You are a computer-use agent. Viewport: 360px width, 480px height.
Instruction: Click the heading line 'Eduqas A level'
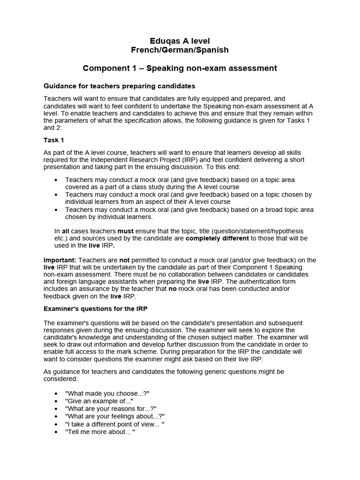tap(180, 41)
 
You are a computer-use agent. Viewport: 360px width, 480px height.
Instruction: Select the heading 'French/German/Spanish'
tap(180, 50)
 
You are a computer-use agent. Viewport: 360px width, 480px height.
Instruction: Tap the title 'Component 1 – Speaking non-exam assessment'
tap(180, 68)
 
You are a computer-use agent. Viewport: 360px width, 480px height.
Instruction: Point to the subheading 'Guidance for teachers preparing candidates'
tap(119, 86)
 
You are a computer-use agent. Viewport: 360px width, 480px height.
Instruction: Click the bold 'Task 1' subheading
tap(53, 140)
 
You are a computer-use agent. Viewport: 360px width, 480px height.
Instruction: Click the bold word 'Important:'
tap(60, 260)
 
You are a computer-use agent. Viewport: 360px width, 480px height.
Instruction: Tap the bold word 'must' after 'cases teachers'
tap(125, 231)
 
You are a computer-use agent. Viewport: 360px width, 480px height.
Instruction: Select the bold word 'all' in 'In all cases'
tap(66, 231)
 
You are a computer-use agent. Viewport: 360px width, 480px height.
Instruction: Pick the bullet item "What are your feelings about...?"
tap(115, 416)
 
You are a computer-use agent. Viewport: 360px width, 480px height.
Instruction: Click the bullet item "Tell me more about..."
tap(100, 432)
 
